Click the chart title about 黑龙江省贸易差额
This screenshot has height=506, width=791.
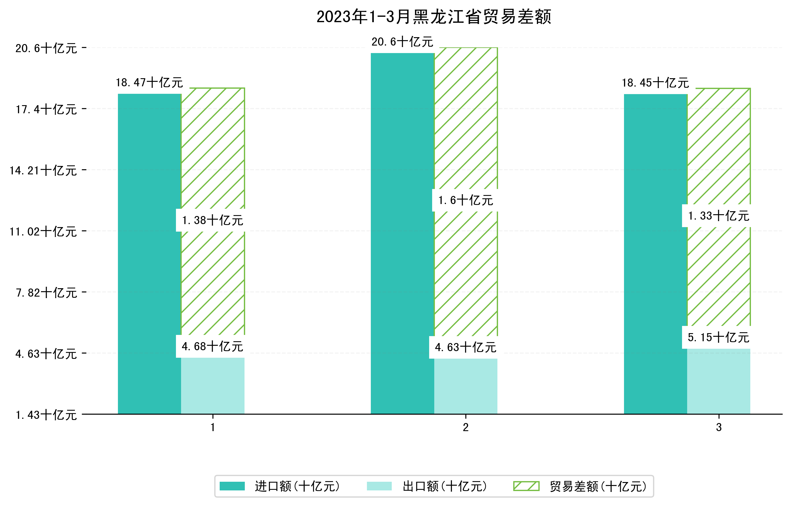click(x=434, y=17)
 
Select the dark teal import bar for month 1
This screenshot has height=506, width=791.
click(x=149, y=253)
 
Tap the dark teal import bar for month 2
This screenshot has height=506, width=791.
click(x=403, y=233)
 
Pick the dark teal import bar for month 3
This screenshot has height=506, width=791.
click(x=655, y=253)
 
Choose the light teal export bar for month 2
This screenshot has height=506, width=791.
click(x=465, y=386)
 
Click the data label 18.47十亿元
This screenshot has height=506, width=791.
click(x=149, y=82)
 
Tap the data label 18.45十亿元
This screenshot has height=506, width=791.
click(x=655, y=83)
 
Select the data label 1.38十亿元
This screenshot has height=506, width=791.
click(x=212, y=220)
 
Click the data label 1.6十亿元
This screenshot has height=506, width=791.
click(x=465, y=200)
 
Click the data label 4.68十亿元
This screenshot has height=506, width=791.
click(x=212, y=346)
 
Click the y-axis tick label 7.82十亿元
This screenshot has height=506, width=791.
click(x=46, y=293)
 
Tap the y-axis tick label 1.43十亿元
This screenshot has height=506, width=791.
click(x=46, y=415)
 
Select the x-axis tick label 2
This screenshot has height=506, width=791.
click(x=465, y=428)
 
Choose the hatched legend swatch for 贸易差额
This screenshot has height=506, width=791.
click(x=526, y=486)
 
